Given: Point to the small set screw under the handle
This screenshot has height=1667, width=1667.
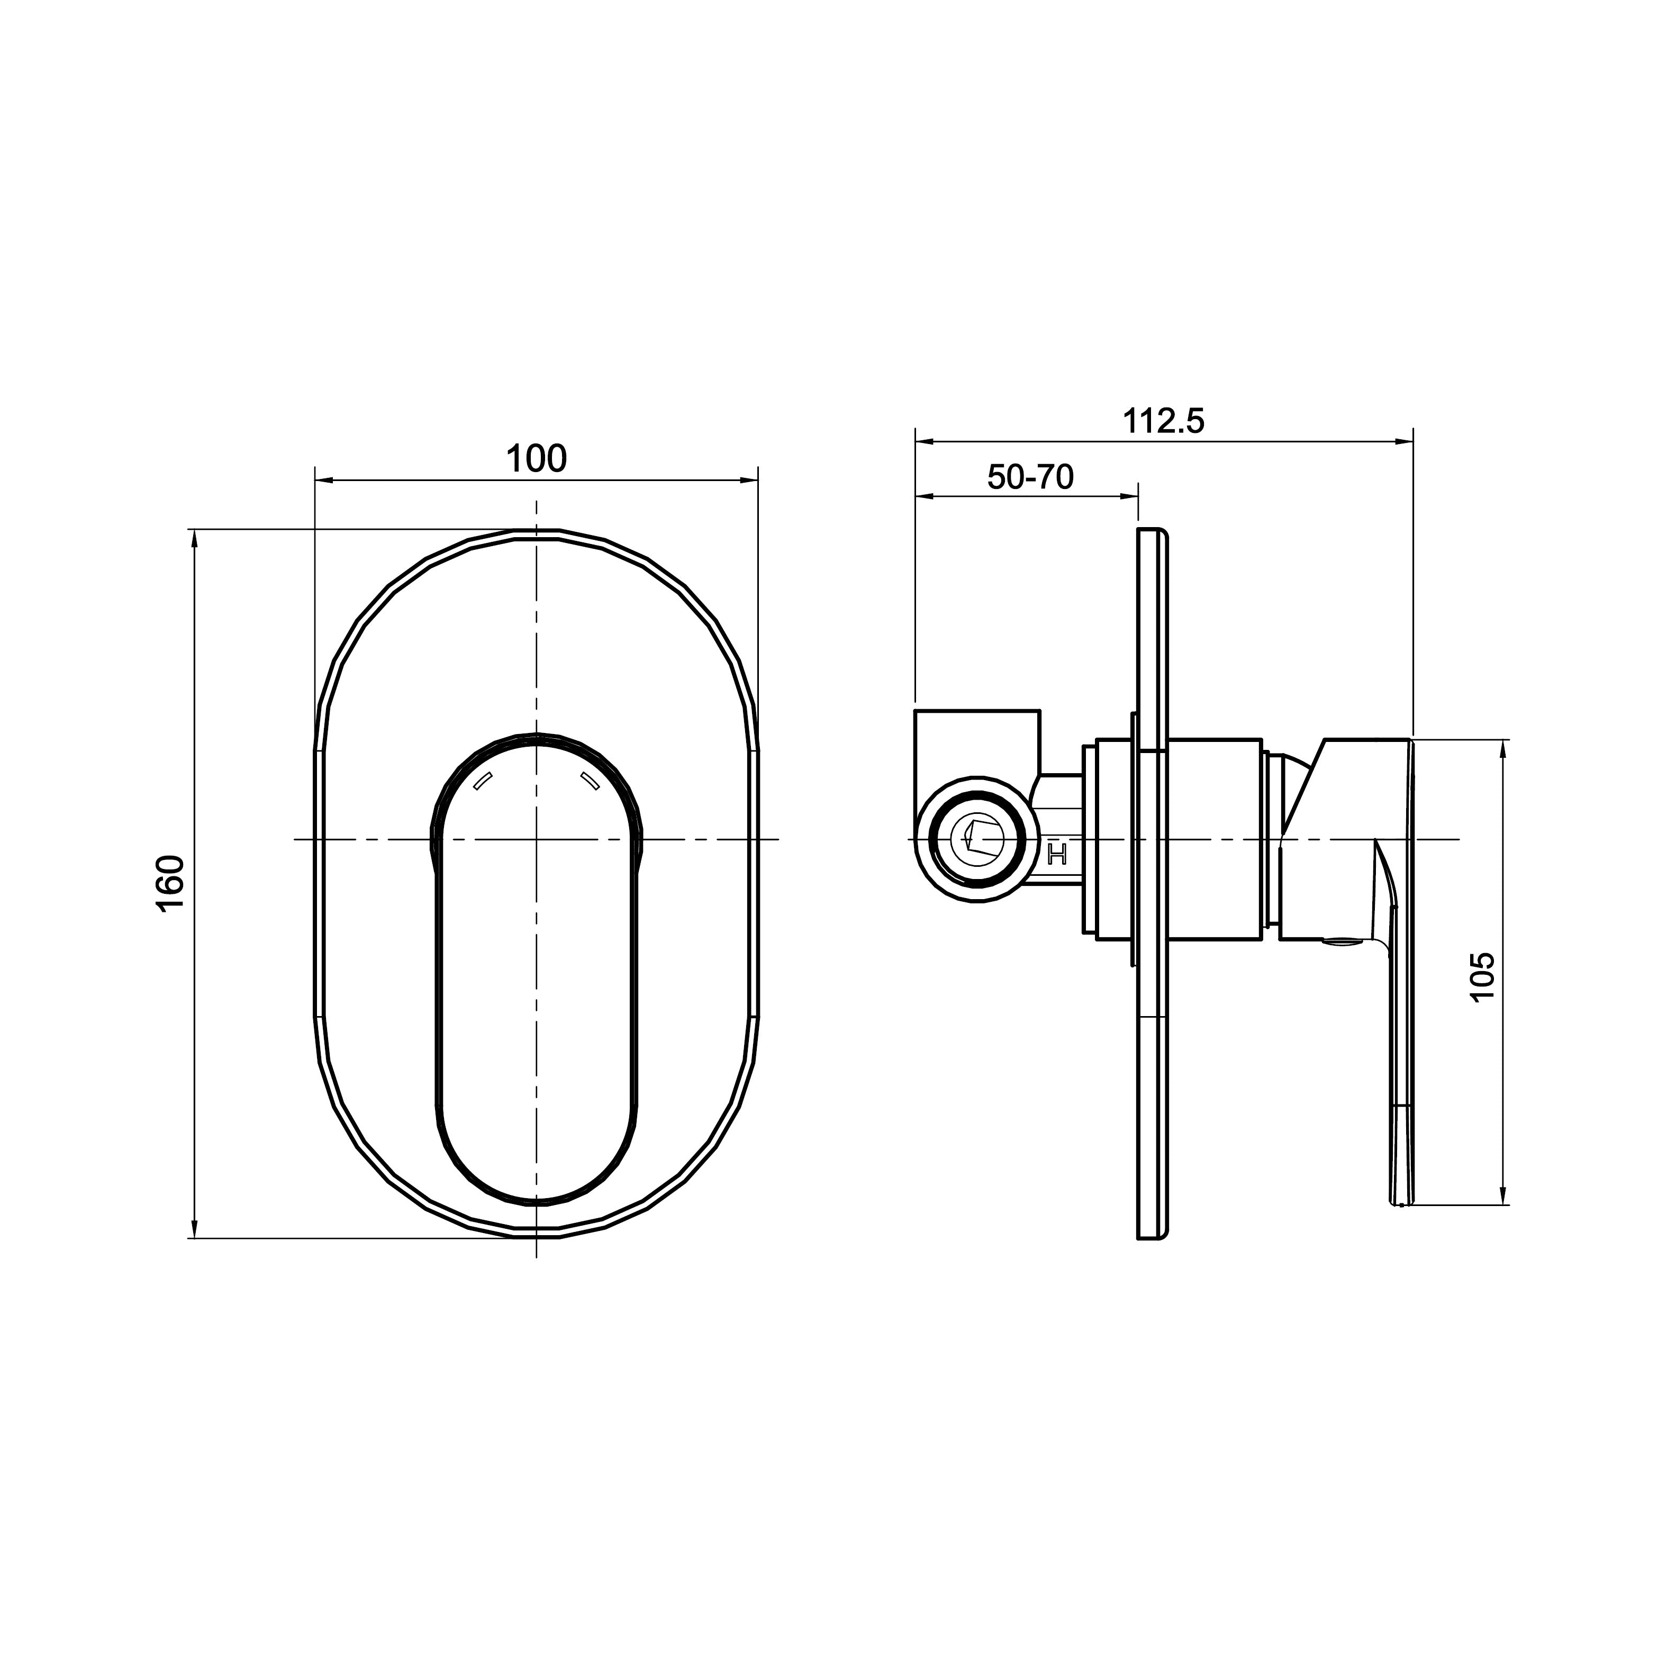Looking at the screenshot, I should click(1341, 942).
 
